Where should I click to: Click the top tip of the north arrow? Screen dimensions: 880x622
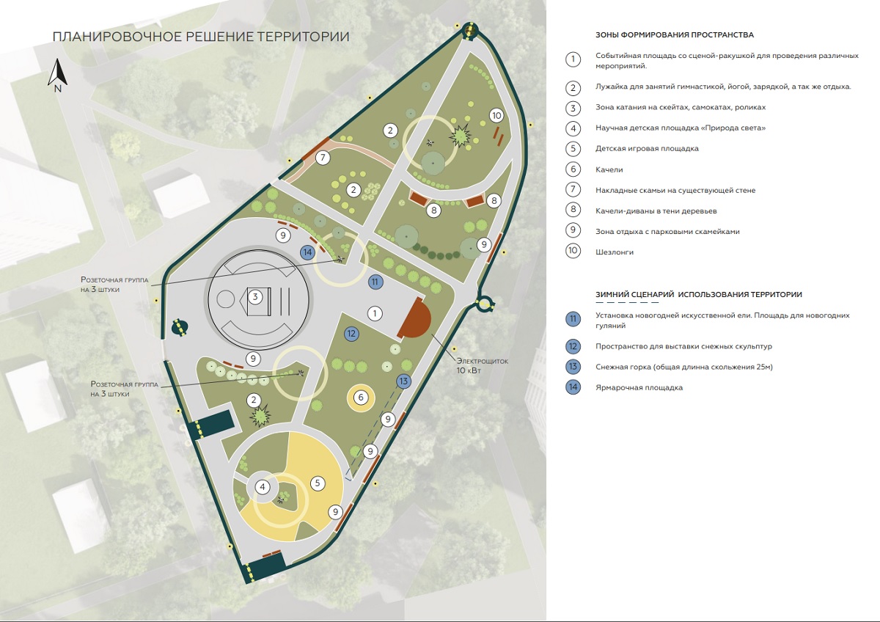coord(58,59)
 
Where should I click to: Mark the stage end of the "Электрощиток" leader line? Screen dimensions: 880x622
coord(431,334)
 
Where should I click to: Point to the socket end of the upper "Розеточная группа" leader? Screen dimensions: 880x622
coord(340,258)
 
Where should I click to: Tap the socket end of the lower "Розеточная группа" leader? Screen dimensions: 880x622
coord(301,373)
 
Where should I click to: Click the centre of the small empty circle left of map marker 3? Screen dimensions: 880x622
coord(226,299)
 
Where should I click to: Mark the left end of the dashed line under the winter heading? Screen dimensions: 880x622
coord(596,302)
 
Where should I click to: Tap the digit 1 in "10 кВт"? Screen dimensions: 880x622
coord(458,370)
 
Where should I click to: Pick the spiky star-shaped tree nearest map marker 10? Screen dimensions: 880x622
coord(460,136)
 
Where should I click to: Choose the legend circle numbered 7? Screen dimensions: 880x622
coord(573,190)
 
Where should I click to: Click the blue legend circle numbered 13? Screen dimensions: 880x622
coord(573,367)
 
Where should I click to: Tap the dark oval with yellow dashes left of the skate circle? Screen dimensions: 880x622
coord(180,327)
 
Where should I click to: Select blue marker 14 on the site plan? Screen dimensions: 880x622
coord(307,252)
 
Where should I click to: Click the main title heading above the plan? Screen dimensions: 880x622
coord(201,37)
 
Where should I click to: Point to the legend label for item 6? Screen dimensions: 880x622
coord(609,169)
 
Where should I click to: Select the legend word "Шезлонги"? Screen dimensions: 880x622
coord(615,252)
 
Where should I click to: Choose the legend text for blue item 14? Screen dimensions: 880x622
coord(639,388)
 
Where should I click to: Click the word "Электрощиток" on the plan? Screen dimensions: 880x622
coord(482,361)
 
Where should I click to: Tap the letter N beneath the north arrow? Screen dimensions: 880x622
coord(58,89)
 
